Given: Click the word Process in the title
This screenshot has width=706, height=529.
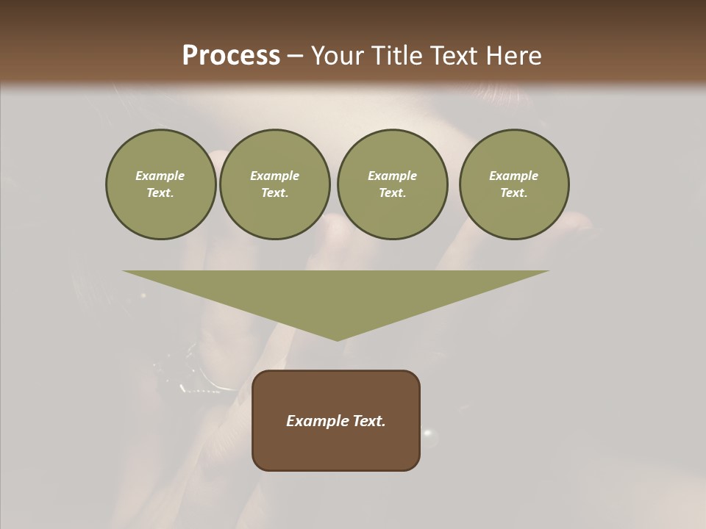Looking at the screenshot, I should [231, 56].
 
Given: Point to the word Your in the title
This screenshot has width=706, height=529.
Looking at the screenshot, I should [336, 56].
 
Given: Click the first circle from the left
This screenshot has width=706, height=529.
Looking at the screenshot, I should [160, 184].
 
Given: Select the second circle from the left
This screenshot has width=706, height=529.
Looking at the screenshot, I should [274, 184].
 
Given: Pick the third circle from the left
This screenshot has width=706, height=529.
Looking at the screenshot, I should [392, 184].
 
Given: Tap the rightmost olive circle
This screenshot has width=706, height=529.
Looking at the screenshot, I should [513, 184].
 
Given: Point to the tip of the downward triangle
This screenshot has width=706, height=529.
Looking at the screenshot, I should [336, 339].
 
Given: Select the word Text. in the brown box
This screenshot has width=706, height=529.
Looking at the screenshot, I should [368, 421].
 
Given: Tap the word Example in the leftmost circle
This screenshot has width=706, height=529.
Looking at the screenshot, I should [160, 176].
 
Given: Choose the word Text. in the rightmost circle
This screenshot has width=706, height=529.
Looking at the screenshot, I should [513, 192].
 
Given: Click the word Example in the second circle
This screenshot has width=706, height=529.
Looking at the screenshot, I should [274, 176].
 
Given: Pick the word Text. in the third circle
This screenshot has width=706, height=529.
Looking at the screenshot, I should [392, 192].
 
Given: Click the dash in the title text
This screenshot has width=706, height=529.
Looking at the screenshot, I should [295, 56].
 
